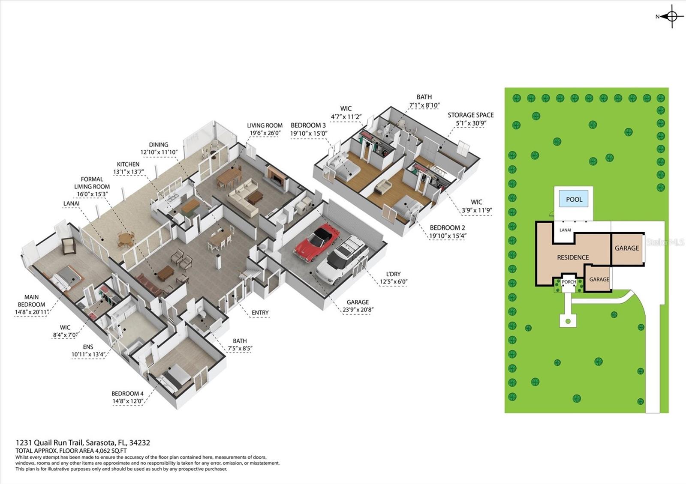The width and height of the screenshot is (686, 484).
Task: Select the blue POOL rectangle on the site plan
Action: pyautogui.click(x=574, y=200)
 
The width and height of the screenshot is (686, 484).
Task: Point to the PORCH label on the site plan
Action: pyautogui.click(x=569, y=282)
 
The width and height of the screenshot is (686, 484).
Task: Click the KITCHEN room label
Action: pyautogui.click(x=128, y=164)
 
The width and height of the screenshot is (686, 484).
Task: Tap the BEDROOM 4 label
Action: pyautogui.click(x=127, y=394)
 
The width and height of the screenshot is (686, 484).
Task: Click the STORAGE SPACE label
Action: pyautogui.click(x=471, y=115)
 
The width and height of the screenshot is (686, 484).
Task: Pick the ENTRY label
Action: pyautogui.click(x=260, y=313)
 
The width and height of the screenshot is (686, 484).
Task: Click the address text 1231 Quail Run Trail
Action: pyautogui.click(x=49, y=443)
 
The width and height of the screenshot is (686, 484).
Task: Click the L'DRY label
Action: pyautogui.click(x=394, y=274)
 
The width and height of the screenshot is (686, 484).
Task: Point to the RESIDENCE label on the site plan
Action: pyautogui.click(x=573, y=257)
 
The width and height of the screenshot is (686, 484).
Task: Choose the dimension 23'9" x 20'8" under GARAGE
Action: pyautogui.click(x=358, y=310)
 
